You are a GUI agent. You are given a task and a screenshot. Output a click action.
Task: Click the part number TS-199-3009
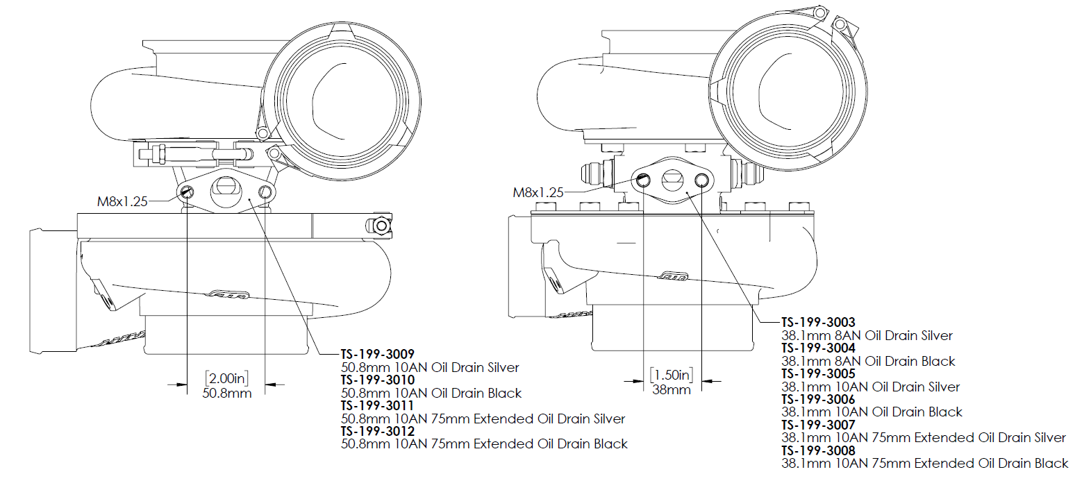(x=377, y=354)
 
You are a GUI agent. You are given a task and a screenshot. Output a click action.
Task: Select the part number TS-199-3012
(x=377, y=431)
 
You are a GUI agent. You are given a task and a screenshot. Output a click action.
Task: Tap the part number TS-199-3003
(x=818, y=322)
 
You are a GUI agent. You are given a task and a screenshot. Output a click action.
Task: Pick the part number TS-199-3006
(x=818, y=399)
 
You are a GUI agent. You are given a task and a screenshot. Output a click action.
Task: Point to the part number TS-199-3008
(x=818, y=450)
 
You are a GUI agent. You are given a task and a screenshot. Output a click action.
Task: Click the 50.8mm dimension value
(x=226, y=394)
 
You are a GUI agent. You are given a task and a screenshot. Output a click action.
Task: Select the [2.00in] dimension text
(x=226, y=378)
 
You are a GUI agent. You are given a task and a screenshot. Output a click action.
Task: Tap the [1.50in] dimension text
(x=671, y=375)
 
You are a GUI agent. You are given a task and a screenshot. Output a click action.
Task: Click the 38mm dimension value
(x=671, y=390)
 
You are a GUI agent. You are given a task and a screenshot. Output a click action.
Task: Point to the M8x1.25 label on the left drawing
(x=122, y=201)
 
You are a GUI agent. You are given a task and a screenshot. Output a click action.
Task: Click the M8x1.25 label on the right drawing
(x=538, y=192)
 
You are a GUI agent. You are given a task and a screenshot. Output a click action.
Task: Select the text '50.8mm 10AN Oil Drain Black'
(x=431, y=393)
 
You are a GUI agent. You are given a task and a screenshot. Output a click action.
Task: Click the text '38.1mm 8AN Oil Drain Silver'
(x=867, y=335)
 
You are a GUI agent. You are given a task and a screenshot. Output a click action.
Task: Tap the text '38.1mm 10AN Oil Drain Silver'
(x=870, y=387)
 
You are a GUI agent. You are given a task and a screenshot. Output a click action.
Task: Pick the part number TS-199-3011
(x=377, y=405)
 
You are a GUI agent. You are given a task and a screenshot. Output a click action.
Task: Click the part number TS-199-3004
(x=818, y=348)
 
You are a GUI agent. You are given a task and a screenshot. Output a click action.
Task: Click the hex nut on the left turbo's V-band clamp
(x=380, y=226)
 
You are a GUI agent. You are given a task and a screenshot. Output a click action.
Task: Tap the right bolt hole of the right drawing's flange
(x=701, y=181)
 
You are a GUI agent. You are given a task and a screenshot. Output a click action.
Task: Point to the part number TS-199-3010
(x=377, y=380)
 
